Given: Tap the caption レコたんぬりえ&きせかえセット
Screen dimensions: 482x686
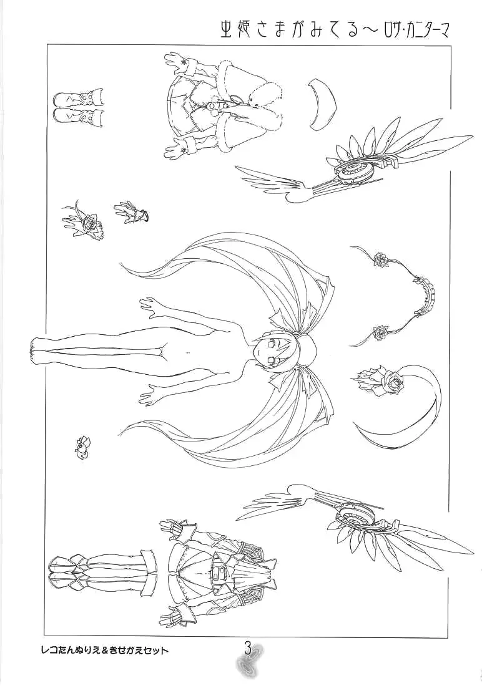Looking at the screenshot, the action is coord(104,650).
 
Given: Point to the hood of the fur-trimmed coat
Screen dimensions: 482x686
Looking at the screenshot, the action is coord(262,104).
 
